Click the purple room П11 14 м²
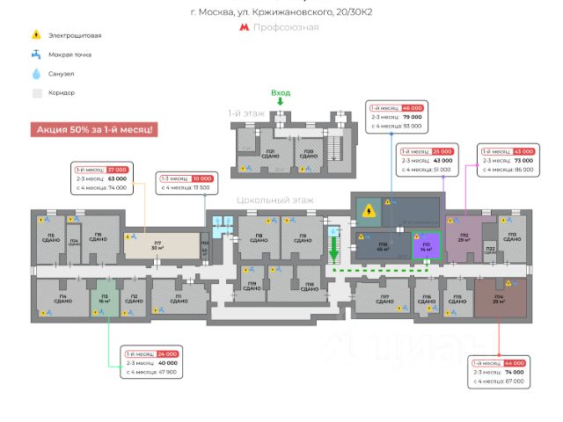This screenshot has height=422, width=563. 427,246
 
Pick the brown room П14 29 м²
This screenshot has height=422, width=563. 499,299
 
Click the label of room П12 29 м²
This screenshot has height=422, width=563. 464,237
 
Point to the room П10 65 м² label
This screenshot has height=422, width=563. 383,245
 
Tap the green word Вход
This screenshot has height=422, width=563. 281,92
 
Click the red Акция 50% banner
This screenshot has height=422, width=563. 95,129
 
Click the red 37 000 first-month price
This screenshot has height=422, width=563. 117,169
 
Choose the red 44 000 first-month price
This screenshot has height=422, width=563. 513,362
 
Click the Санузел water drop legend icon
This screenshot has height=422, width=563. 36,74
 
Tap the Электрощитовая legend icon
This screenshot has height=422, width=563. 36,35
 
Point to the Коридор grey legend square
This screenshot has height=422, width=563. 36,93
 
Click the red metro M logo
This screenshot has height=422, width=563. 245,27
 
